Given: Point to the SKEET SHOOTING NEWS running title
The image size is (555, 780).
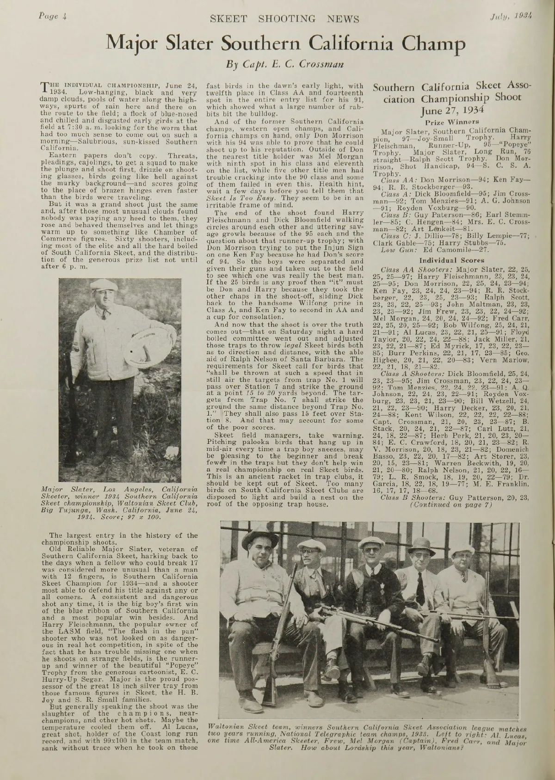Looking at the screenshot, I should (x=284, y=18).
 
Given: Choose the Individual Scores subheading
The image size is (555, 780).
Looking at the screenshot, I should (x=451, y=260).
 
